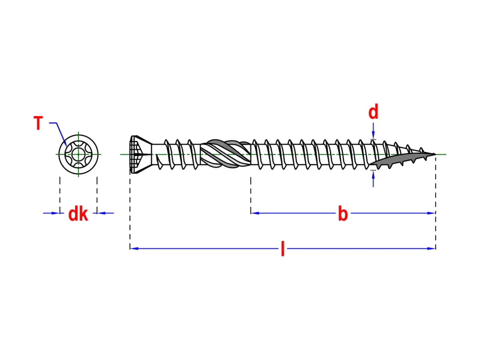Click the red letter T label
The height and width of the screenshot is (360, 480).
pyautogui.click(x=38, y=123)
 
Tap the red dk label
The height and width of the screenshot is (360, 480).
pyautogui.click(x=78, y=214)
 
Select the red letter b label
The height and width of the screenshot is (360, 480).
pyautogui.click(x=343, y=213)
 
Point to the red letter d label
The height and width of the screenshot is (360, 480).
pyautogui.click(x=373, y=111)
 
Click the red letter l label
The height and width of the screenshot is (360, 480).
pyautogui.click(x=282, y=249)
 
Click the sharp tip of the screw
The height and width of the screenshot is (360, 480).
pyautogui.click(x=435, y=154)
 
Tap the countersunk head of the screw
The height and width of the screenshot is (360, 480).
pyautogui.click(x=141, y=154)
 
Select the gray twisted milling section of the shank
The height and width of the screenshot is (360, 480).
pyautogui.click(x=225, y=154)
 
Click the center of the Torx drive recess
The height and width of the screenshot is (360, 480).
pyautogui.click(x=78, y=154)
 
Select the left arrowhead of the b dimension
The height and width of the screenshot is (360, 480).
pyautogui.click(x=255, y=213)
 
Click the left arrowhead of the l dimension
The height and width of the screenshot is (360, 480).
pyautogui.click(x=134, y=248)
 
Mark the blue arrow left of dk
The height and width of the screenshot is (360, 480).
pyautogui.click(x=51, y=213)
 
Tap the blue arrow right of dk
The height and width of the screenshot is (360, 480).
pyautogui.click(x=106, y=213)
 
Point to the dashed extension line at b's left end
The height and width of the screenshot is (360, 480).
pyautogui.click(x=251, y=195)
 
